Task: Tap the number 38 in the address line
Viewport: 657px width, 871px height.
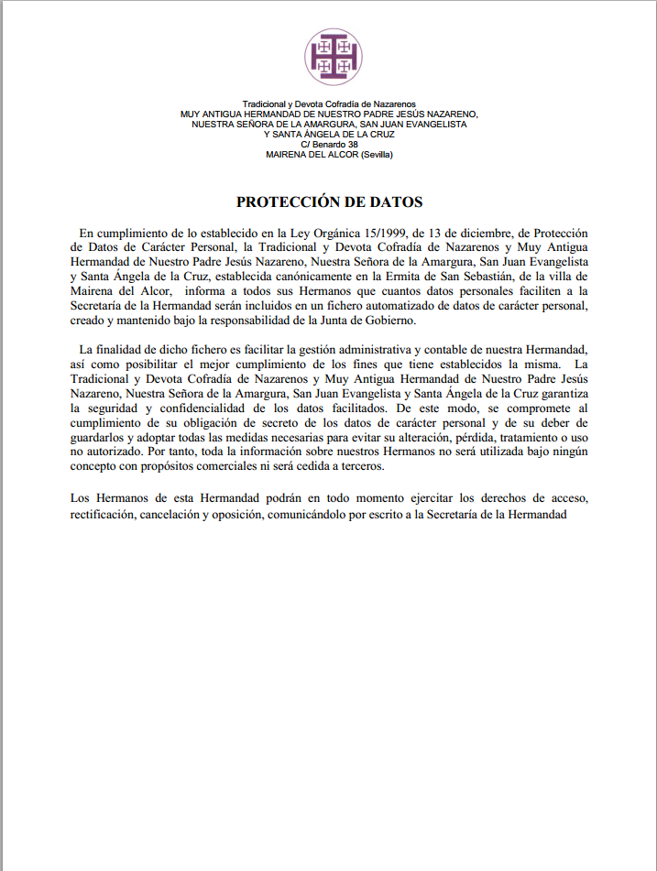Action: [x=353, y=145]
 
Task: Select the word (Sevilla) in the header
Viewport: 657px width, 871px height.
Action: [x=374, y=155]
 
